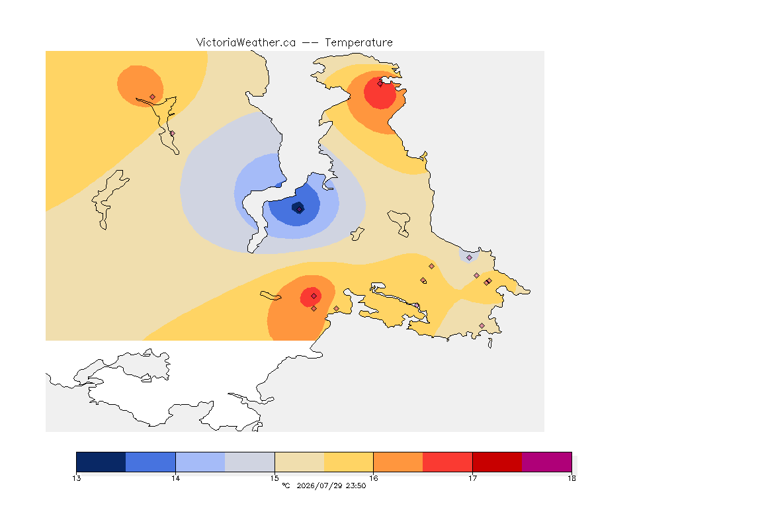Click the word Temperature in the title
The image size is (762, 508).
359,43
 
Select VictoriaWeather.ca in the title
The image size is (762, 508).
246,43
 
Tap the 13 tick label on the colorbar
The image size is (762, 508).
76,478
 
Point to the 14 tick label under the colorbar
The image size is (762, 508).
175,478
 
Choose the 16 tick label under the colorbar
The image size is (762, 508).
373,478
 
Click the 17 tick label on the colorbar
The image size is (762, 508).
472,478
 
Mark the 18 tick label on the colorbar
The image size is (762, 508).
571,478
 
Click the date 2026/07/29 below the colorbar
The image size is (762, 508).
319,486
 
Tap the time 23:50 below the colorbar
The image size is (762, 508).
356,486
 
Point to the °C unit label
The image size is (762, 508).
286,486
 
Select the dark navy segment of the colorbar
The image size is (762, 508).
101,462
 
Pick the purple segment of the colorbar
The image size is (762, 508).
547,462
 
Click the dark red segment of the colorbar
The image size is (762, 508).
497,462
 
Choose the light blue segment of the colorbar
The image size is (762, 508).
200,462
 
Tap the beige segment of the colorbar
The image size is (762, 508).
300,462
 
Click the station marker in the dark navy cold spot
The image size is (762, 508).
300,210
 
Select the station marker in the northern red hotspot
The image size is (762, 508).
380,83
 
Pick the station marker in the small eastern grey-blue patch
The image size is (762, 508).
469,258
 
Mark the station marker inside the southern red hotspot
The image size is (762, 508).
314,296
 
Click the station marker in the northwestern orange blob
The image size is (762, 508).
153,97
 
